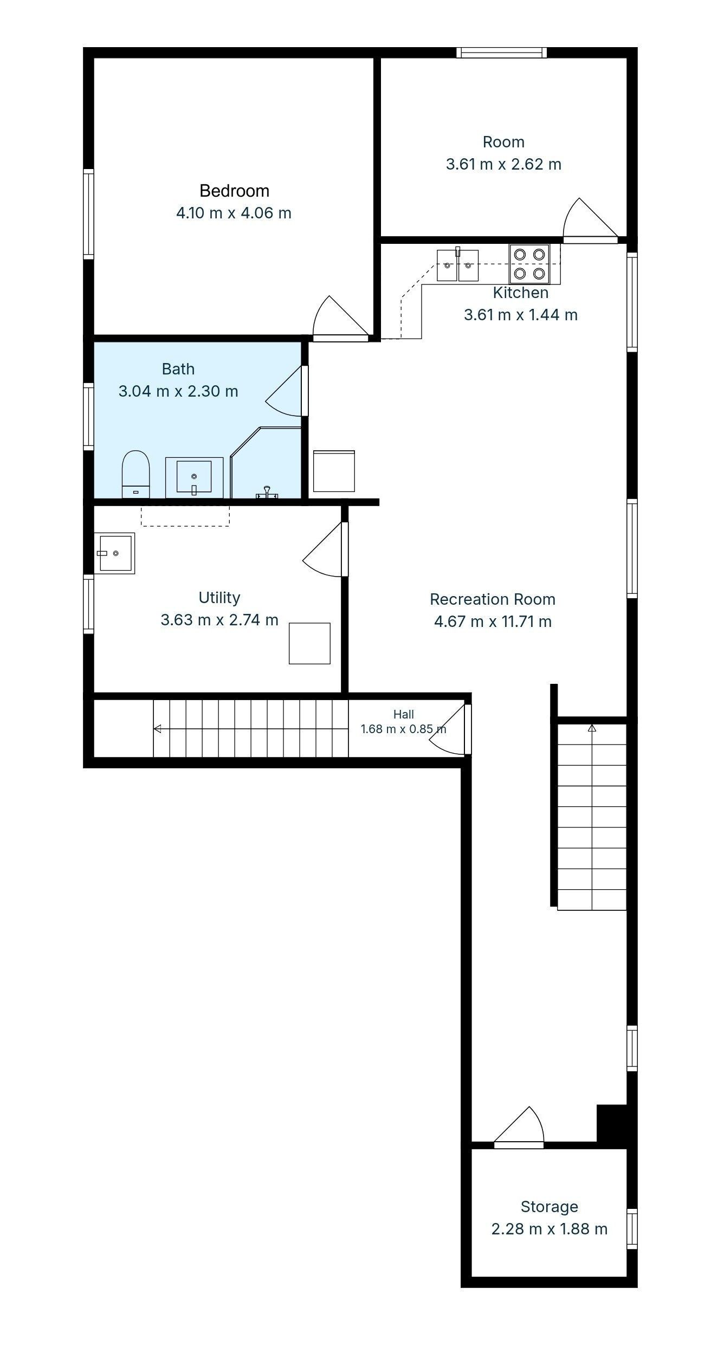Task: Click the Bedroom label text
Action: [x=234, y=191]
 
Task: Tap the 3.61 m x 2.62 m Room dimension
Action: [x=503, y=164]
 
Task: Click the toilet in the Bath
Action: [x=135, y=474]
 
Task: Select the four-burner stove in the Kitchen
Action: [x=529, y=264]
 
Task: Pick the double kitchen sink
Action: [x=458, y=266]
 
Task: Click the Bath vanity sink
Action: [x=194, y=477]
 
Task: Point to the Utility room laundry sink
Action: [x=114, y=553]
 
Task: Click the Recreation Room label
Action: [x=493, y=599]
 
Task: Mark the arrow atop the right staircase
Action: [x=592, y=728]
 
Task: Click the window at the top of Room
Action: [x=501, y=53]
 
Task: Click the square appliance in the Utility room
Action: [x=309, y=643]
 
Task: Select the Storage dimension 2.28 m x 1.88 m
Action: [x=550, y=1229]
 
